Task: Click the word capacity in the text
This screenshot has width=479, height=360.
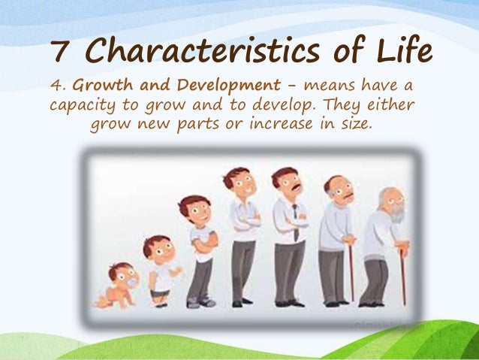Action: pos(82,104)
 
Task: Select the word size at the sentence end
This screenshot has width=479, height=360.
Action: pos(353,124)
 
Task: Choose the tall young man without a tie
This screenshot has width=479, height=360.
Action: pos(242,233)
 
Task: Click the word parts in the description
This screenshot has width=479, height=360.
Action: pos(200,124)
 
